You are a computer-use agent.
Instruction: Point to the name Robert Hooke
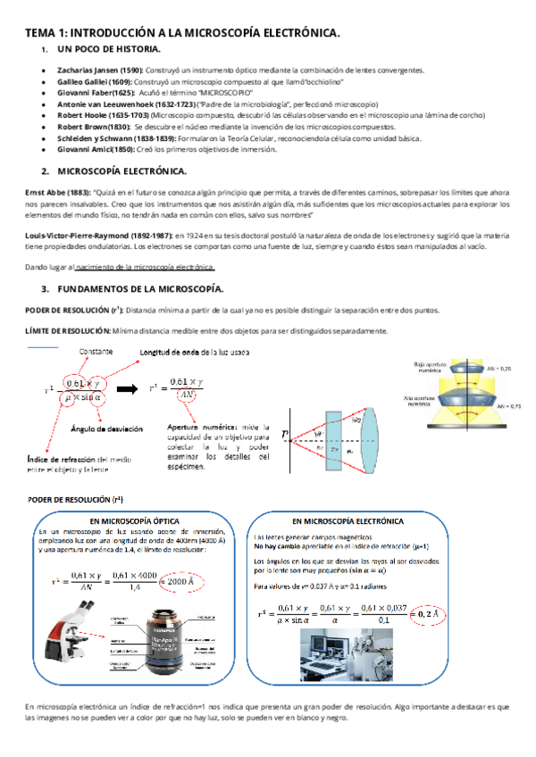(82, 115)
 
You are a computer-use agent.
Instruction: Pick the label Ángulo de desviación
(106, 429)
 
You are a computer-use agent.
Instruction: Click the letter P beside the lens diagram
(285, 437)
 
